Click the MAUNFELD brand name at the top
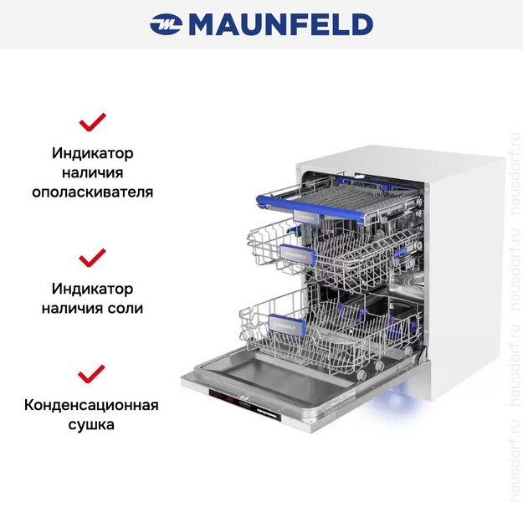[x=280, y=24]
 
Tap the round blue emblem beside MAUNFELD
[x=167, y=25]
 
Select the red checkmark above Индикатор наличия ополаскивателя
[x=92, y=123]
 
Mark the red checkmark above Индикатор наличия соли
[x=92, y=257]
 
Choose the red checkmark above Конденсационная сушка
[x=92, y=373]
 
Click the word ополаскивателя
[x=92, y=192]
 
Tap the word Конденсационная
[x=92, y=406]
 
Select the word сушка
[x=92, y=424]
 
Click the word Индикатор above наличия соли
[x=92, y=289]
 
